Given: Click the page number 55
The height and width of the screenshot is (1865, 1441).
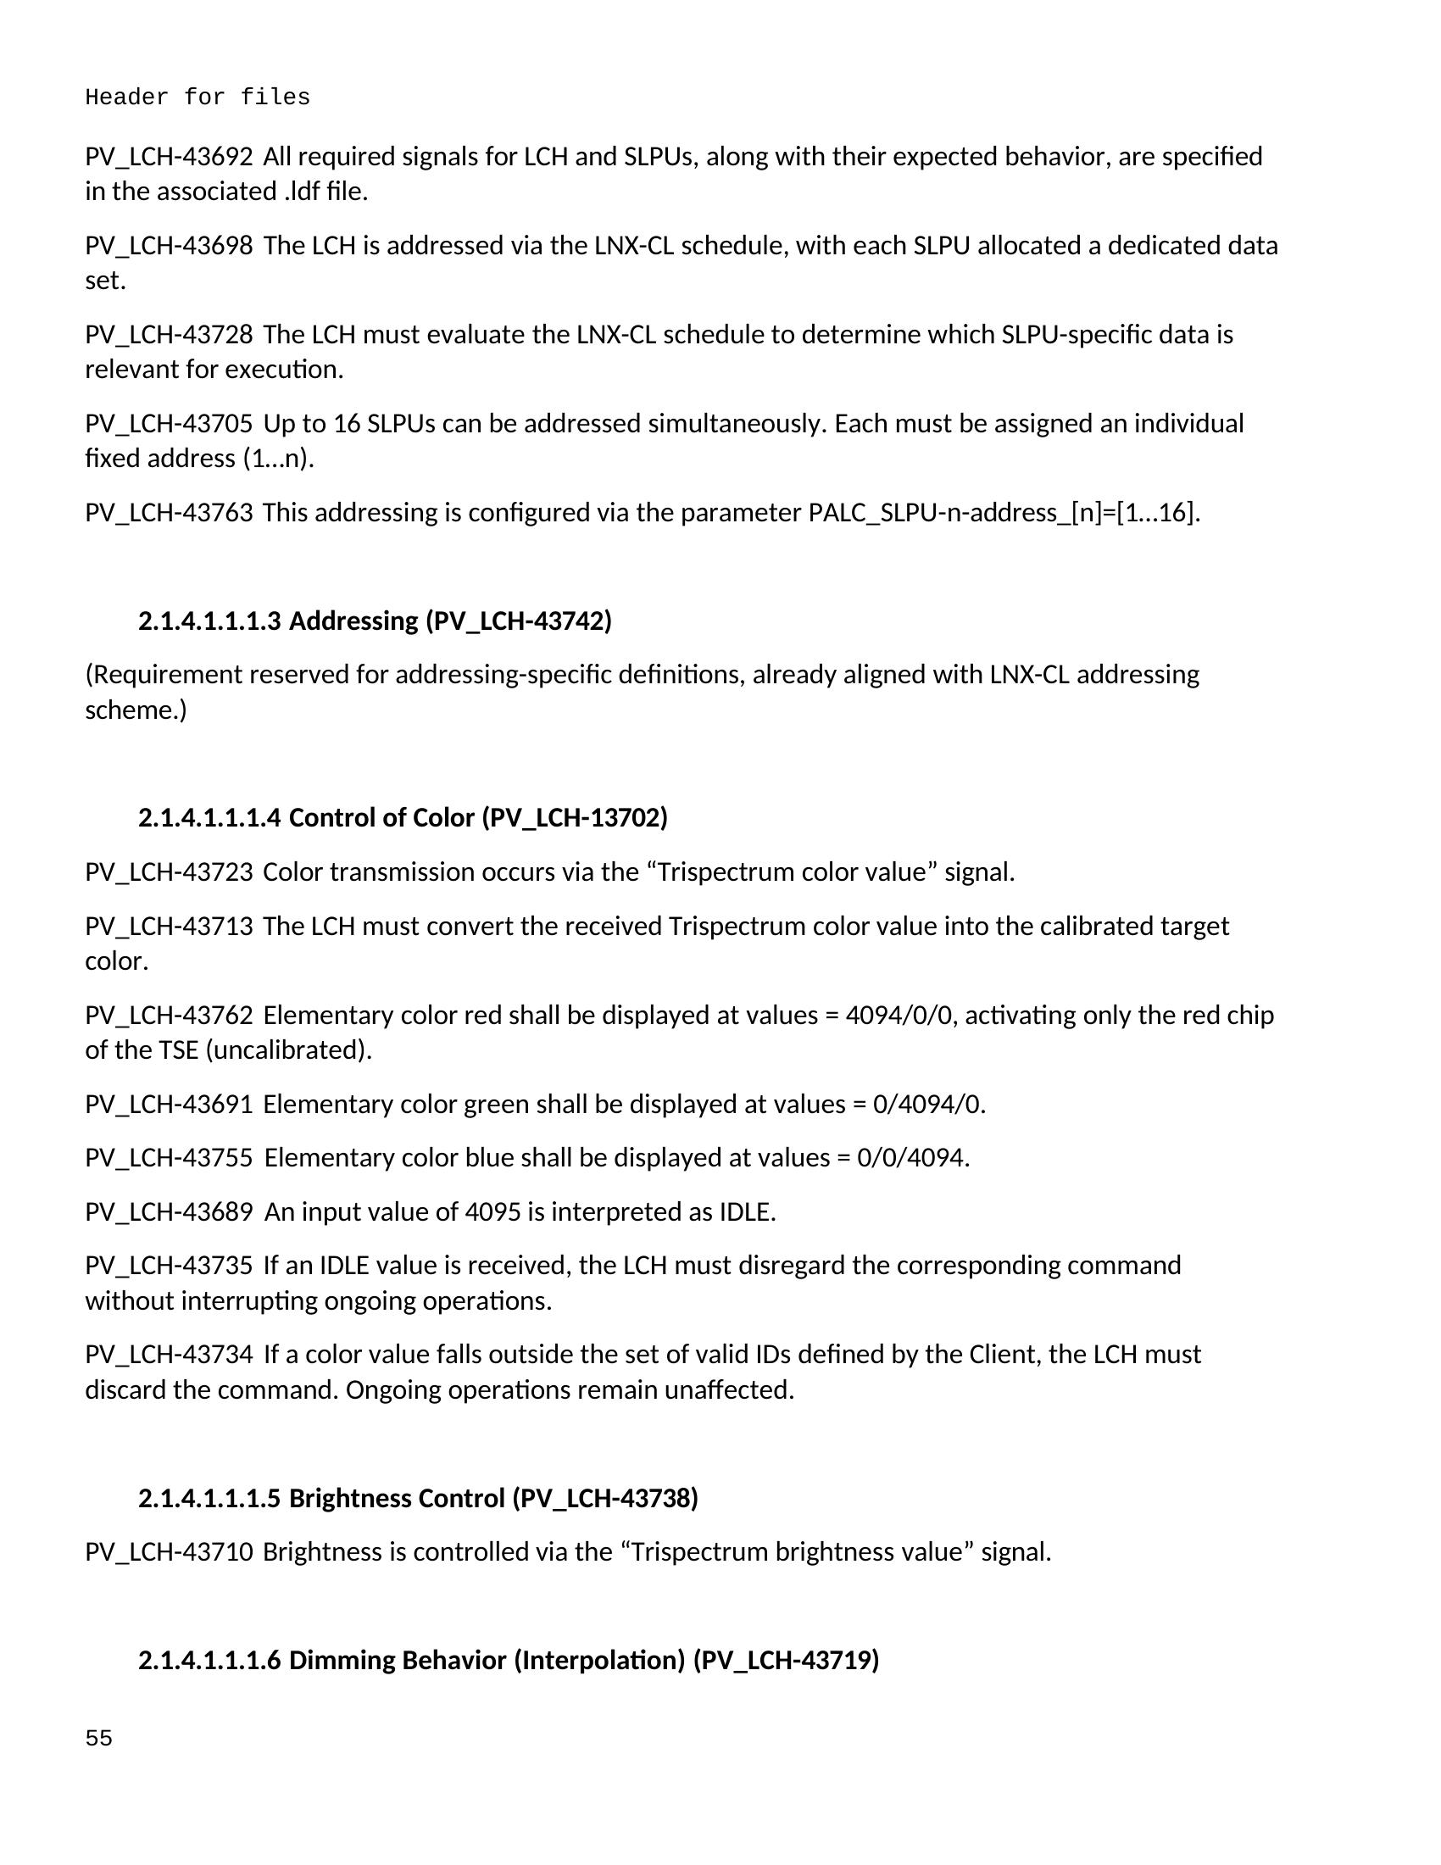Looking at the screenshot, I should click(98, 1739).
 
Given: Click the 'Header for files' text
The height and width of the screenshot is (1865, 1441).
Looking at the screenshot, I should click(198, 97).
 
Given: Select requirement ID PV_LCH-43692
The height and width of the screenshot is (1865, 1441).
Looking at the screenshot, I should click(168, 157).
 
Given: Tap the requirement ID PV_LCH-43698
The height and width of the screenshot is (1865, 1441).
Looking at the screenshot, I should click(168, 246).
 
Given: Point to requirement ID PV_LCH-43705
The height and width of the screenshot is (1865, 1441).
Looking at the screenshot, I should click(168, 424).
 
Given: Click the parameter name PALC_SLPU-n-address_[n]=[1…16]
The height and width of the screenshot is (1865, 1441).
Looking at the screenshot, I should click(1003, 512).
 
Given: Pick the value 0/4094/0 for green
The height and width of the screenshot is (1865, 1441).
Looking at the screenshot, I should click(929, 1104).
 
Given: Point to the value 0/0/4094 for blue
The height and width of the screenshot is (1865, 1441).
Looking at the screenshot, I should click(914, 1158).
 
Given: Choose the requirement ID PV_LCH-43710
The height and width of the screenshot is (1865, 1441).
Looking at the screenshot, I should click(168, 1551).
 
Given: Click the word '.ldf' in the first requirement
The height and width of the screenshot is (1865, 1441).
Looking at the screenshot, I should click(303, 192).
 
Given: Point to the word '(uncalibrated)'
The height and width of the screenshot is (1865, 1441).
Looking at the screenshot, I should click(288, 1049).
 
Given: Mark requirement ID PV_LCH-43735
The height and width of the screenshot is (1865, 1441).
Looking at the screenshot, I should click(168, 1266).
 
